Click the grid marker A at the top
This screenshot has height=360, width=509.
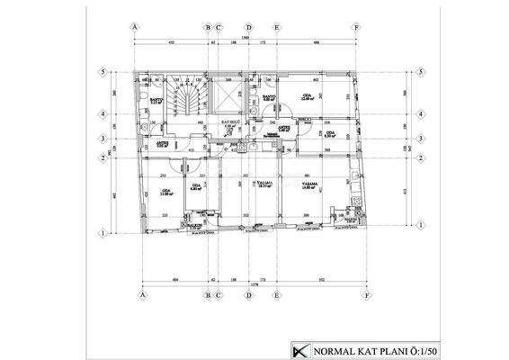(135, 28)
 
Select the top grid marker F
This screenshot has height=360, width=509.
(357, 28)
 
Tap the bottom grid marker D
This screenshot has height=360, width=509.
(248, 294)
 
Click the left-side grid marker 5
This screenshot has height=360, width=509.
(104, 72)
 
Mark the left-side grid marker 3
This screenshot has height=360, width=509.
(104, 139)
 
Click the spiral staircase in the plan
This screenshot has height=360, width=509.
(188, 103)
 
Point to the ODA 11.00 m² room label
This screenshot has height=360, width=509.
(165, 192)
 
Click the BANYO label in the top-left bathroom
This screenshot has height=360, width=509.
(155, 101)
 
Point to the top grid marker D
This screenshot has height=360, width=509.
(248, 28)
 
